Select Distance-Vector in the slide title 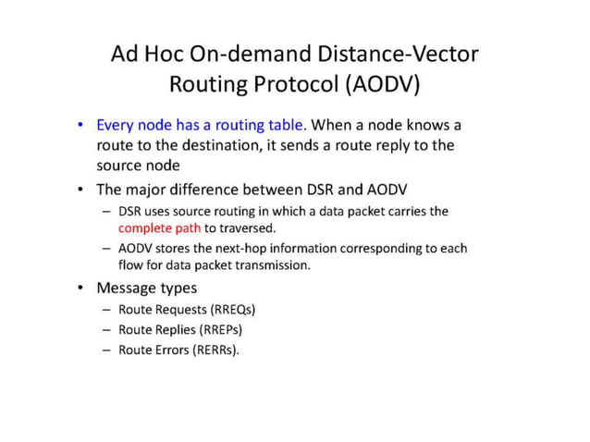pyautogui.click(x=400, y=54)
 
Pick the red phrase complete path pyautogui.click(x=159, y=227)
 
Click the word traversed pyautogui.click(x=247, y=227)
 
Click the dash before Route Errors pyautogui.click(x=106, y=350)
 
